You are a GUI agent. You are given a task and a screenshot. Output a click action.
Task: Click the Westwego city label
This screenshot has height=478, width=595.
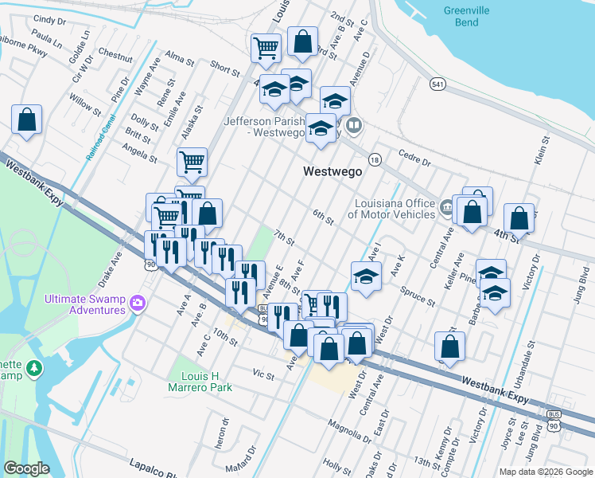pos(332,171)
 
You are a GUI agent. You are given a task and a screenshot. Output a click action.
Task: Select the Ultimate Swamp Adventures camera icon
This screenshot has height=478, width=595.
pos(138,303)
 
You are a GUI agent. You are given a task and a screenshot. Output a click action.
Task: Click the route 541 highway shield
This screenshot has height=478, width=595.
pos(437,84)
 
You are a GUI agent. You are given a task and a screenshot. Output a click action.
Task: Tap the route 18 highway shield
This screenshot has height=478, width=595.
pos(375,160)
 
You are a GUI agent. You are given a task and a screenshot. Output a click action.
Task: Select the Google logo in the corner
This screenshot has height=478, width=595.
pos(27,468)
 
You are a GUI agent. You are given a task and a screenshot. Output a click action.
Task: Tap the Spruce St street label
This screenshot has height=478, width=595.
pos(418,297)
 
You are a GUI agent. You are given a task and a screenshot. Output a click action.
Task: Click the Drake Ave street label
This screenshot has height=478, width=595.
pos(109,270)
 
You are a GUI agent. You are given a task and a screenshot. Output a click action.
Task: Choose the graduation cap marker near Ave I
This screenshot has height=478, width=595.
pos(365,276)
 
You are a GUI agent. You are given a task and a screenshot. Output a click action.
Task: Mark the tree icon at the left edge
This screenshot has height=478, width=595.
pos(33,369)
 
